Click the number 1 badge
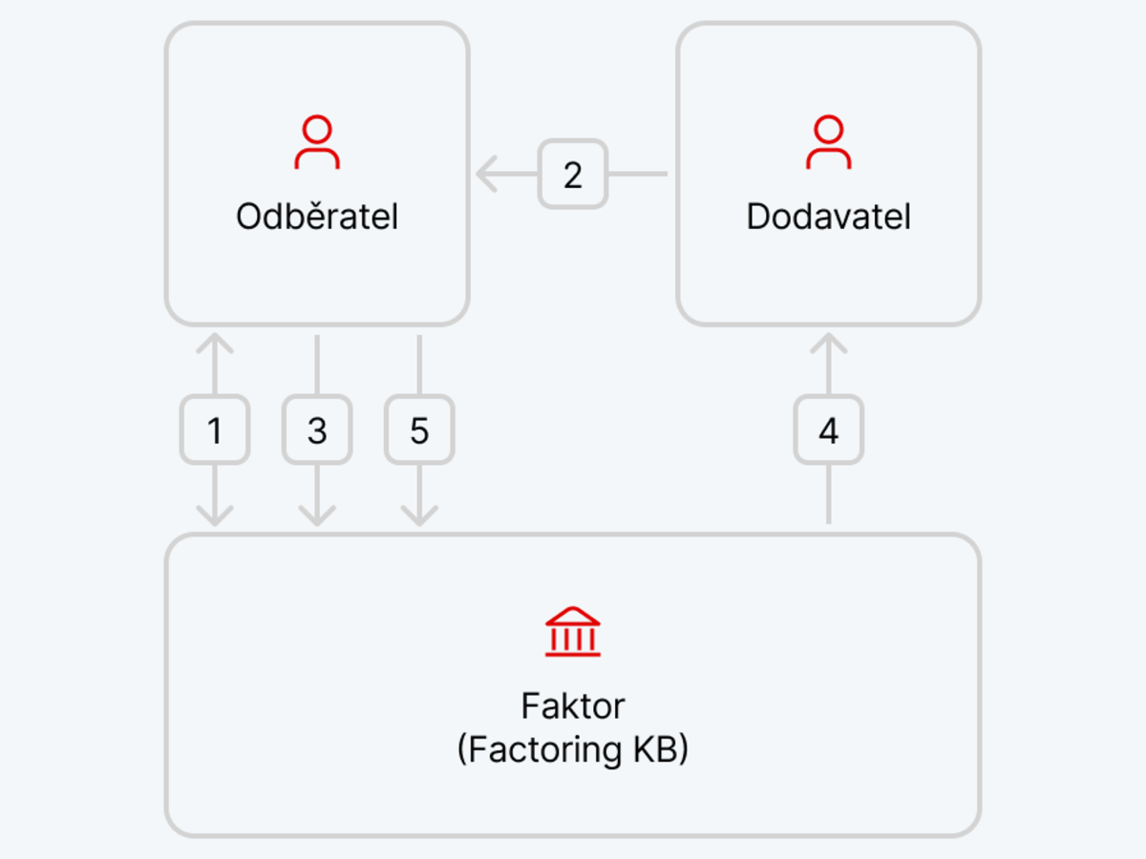click(x=215, y=429)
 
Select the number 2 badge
click(x=573, y=175)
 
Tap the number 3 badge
click(x=317, y=429)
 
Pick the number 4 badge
click(x=829, y=429)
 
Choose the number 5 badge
click(x=419, y=429)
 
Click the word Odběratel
click(x=317, y=216)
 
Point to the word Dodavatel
click(x=829, y=217)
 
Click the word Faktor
click(x=573, y=706)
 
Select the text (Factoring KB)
click(x=573, y=749)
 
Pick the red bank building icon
click(x=573, y=632)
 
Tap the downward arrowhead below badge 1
click(x=215, y=515)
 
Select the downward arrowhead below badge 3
click(x=317, y=515)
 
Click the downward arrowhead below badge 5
click(x=419, y=515)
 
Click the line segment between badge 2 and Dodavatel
click(x=638, y=175)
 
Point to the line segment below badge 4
click(x=829, y=493)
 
